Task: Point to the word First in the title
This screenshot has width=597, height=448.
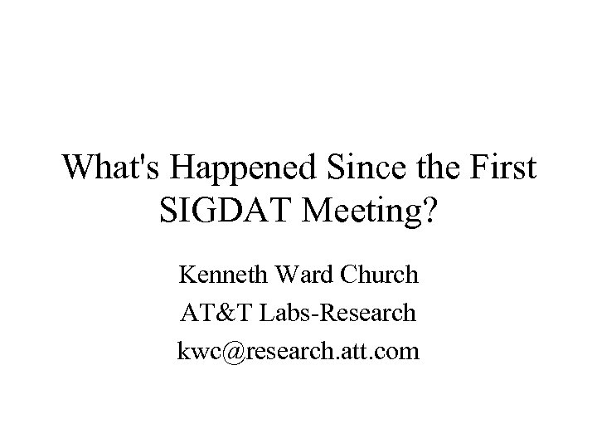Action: click(502, 168)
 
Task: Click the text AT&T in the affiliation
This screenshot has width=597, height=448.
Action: click(210, 312)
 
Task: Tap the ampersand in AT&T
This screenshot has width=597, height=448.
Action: click(210, 312)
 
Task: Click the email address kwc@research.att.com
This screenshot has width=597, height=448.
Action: click(298, 351)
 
